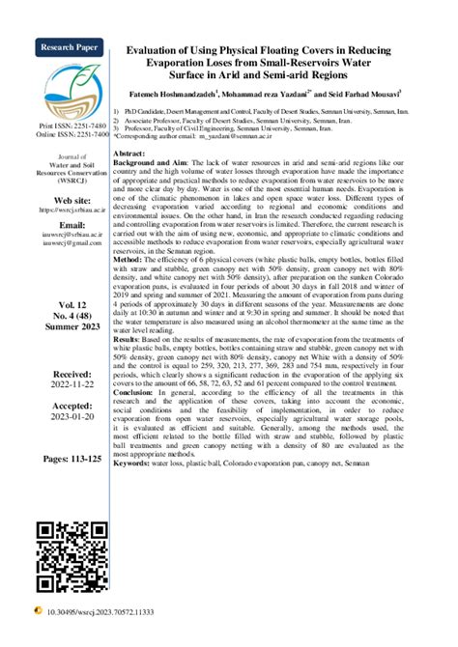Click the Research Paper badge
pos(67,47)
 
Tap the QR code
pos(67,549)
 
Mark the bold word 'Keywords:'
pos(135,464)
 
